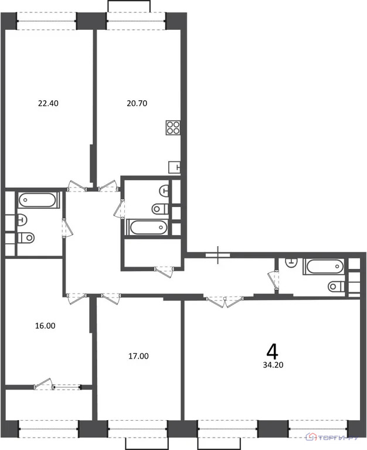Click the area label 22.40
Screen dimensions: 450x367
pyautogui.click(x=48, y=104)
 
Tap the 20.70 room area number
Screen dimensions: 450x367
pyautogui.click(x=137, y=104)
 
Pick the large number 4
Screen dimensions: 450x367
pyautogui.click(x=271, y=351)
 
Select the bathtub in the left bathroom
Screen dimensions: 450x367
pyautogui.click(x=38, y=201)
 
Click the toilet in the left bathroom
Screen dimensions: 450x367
pyautogui.click(x=25, y=238)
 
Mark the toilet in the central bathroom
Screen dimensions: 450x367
pyautogui.click(x=159, y=209)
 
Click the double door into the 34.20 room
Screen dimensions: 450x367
pyautogui.click(x=225, y=301)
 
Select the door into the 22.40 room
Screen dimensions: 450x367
pyautogui.click(x=77, y=186)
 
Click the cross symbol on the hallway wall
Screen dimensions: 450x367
pyautogui.click(x=218, y=255)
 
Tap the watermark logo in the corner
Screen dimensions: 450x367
pyautogui.click(x=335, y=438)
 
